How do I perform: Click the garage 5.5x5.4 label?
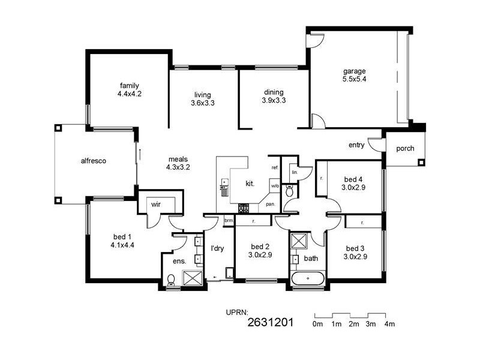click(354, 74)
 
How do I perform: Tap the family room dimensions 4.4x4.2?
click(129, 94)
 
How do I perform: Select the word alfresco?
click(93, 161)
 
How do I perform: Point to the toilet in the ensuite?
click(171, 279)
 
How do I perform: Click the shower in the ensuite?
click(193, 278)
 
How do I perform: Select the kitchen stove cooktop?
click(244, 208)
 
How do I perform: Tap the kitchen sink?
click(225, 188)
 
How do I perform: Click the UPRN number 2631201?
click(270, 323)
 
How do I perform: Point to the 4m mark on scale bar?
click(389, 324)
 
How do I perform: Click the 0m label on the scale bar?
click(317, 324)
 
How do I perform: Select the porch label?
click(405, 148)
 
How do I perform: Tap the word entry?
click(356, 145)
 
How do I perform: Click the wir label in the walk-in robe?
click(155, 205)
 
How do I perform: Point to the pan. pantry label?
click(270, 204)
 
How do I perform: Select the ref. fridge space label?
click(274, 167)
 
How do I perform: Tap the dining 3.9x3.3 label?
click(274, 97)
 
